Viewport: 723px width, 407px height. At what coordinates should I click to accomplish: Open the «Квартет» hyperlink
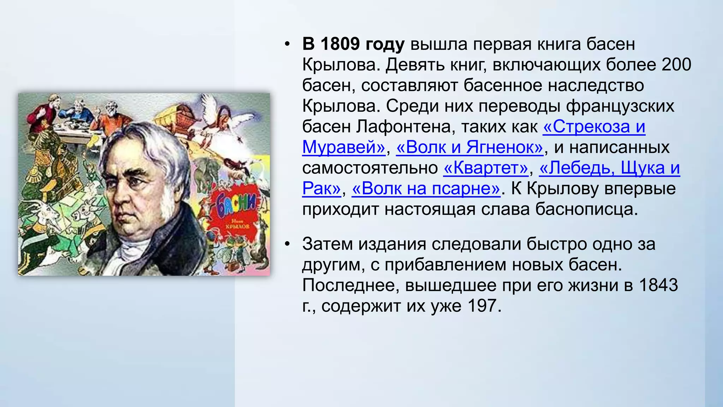click(x=486, y=168)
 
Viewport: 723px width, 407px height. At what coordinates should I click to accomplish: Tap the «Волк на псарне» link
click(x=426, y=189)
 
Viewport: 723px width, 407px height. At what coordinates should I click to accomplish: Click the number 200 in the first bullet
click(x=676, y=65)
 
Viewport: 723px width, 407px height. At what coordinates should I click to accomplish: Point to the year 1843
click(x=658, y=285)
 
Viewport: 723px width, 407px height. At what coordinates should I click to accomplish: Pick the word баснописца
click(x=586, y=210)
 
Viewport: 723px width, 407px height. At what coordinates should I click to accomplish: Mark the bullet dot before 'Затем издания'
click(x=288, y=244)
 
